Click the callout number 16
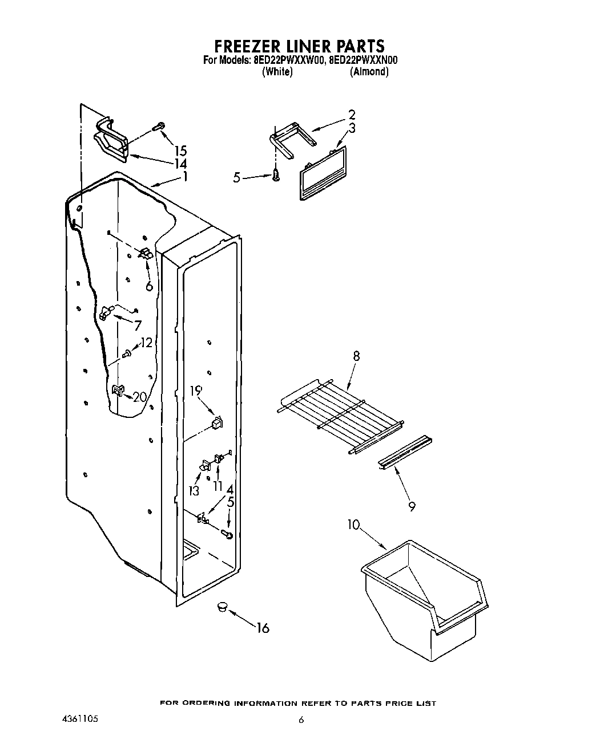pos(263,628)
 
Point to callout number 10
pos(354,524)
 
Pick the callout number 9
pos(412,505)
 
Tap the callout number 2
pos(352,114)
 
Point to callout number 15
pos(180,151)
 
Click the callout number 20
pos(139,397)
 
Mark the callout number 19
pos(196,391)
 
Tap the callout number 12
pos(147,343)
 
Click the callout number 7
pos(137,326)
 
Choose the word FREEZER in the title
pos(245,46)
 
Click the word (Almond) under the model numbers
pos(369,72)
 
